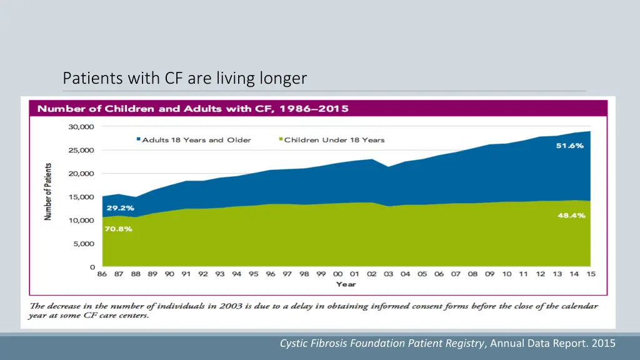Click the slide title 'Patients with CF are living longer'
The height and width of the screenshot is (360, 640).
(185, 78)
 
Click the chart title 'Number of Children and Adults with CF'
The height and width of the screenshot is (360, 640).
(192, 109)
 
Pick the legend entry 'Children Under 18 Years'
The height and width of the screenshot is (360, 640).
(334, 139)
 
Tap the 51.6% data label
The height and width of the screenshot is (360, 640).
(570, 145)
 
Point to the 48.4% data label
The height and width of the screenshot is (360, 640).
(570, 216)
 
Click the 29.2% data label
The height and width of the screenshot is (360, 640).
(119, 207)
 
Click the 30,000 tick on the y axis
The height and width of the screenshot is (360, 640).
(81, 127)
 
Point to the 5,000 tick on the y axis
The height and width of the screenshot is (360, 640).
(83, 244)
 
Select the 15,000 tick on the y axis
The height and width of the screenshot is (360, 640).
(81, 197)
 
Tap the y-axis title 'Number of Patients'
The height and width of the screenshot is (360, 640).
(47, 192)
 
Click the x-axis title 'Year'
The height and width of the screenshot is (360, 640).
(346, 284)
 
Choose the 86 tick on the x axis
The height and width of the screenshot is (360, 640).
(102, 274)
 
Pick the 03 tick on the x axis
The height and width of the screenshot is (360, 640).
(389, 274)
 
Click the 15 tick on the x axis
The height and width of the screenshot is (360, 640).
(591, 274)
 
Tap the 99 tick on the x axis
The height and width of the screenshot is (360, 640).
(321, 274)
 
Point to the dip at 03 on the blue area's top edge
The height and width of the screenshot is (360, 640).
(389, 167)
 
